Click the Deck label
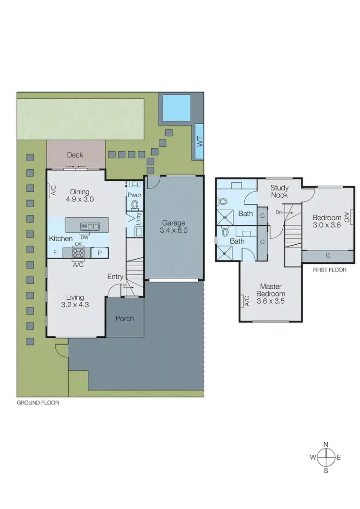[75, 155]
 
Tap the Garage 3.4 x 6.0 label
[174, 226]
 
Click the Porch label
[125, 319]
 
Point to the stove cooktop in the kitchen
[79, 252]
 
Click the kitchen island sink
[90, 226]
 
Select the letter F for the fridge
[55, 252]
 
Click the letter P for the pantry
[100, 253]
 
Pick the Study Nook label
[279, 191]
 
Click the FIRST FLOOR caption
[329, 270]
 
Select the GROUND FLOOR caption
[38, 403]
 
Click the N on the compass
[326, 445]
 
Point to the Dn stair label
[279, 212]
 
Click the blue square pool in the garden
[176, 108]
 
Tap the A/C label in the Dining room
[53, 190]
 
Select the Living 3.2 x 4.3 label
[75, 301]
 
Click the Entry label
[115, 277]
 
